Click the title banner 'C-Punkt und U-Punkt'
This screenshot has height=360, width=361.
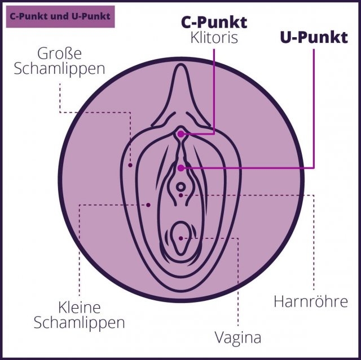click(60, 17)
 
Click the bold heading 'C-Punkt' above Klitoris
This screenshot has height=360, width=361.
click(214, 23)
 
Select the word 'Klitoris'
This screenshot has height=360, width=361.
click(214, 38)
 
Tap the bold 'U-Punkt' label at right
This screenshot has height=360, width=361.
click(314, 38)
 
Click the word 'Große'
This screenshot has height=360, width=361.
click(59, 54)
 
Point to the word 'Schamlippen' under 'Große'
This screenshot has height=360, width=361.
click(59, 69)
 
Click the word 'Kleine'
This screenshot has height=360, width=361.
click(80, 308)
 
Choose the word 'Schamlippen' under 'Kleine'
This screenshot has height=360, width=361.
click(80, 322)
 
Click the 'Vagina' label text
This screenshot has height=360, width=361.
click(238, 338)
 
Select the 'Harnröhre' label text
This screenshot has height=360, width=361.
click(311, 301)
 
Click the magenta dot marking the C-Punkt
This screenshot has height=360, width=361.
click(181, 134)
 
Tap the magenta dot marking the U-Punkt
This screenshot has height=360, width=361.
click(181, 168)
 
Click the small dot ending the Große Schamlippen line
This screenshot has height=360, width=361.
click(130, 165)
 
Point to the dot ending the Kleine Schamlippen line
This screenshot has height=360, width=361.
click(148, 205)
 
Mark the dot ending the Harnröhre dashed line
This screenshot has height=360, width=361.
click(181, 195)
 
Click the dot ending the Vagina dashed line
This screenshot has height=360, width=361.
click(181, 238)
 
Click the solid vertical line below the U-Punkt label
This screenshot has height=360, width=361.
click(314, 108)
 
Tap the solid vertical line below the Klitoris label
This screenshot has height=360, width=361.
click(214, 91)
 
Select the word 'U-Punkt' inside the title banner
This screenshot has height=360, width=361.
click(96, 16)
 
